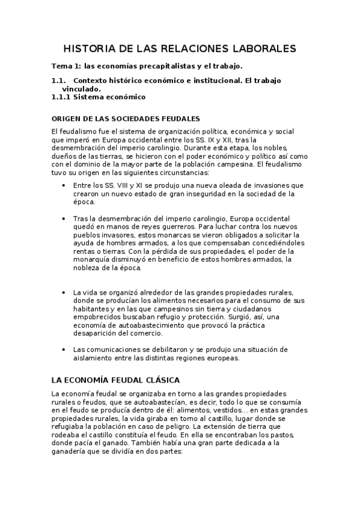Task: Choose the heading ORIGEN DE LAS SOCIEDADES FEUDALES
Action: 126,118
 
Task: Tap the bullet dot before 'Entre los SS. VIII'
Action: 64,186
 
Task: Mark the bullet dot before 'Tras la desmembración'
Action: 64,218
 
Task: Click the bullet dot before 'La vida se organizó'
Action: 64,292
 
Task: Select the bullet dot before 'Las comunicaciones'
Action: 64,349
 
